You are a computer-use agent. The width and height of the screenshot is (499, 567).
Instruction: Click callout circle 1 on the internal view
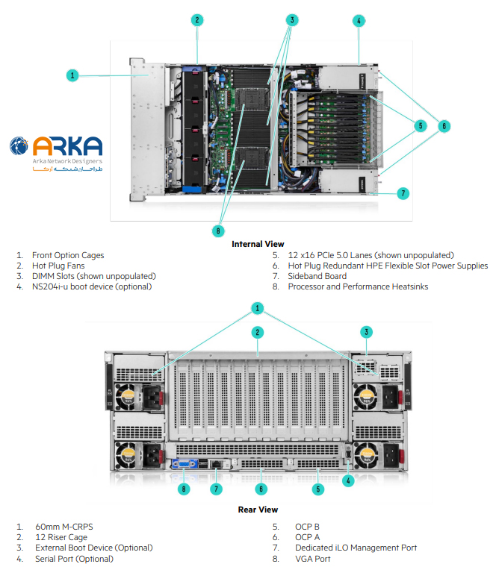click(x=72, y=75)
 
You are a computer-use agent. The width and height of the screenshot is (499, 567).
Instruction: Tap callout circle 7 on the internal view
click(x=403, y=193)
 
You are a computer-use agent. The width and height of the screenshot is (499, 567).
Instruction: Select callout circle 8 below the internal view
click(x=218, y=231)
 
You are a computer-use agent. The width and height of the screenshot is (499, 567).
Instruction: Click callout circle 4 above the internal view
click(x=359, y=21)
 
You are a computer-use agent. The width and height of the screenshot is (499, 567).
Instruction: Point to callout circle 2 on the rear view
click(x=257, y=332)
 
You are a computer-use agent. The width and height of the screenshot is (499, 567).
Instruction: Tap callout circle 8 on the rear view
click(x=184, y=489)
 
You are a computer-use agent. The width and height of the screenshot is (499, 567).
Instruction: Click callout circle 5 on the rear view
click(x=318, y=489)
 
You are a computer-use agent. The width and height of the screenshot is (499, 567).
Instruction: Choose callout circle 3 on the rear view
click(x=367, y=332)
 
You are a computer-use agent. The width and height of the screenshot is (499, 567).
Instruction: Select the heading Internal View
click(x=258, y=244)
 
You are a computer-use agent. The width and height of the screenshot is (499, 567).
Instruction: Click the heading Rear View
click(x=258, y=510)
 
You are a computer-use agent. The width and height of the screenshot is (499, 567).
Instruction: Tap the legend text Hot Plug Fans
click(x=58, y=266)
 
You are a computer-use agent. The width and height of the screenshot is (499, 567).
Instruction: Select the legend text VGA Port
click(x=313, y=558)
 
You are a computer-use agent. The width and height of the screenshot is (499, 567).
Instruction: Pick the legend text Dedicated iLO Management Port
click(x=356, y=548)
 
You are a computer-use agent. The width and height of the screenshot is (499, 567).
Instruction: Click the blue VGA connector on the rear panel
click(x=182, y=464)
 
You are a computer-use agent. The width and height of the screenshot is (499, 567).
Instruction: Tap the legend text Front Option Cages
click(x=68, y=255)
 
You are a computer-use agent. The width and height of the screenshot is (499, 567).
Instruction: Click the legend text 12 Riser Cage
click(x=61, y=537)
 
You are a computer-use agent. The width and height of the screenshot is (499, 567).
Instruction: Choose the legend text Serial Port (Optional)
click(x=75, y=558)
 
